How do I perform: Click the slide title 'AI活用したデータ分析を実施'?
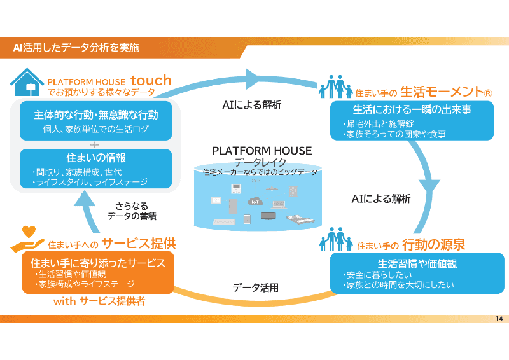coord(76,47)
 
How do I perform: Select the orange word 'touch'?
coord(151,80)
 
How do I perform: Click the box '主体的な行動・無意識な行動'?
coord(95,121)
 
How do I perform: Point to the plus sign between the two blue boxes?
coord(95,144)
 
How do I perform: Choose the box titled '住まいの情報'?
coord(95,169)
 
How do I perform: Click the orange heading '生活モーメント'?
coord(446,92)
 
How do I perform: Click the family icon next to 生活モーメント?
coord(335,87)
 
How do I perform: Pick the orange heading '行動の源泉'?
coord(433,245)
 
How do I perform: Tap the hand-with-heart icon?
coord(27,239)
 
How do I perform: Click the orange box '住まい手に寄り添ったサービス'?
coord(98,273)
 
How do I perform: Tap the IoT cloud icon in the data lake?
coord(255,201)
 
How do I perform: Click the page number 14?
coord(498,318)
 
